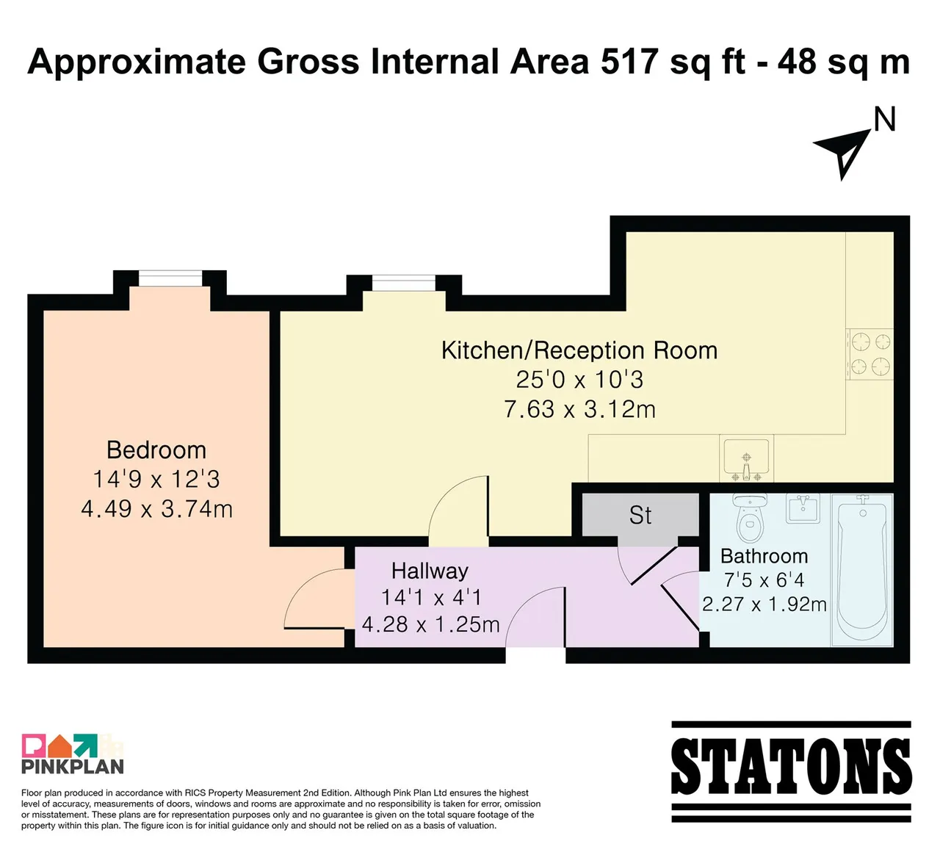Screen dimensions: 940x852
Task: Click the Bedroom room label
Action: tap(156, 450)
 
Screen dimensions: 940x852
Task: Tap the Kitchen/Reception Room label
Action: tap(579, 350)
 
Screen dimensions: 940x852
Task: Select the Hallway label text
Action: tap(430, 571)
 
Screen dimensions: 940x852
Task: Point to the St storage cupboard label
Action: tap(640, 515)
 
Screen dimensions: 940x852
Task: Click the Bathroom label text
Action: tap(764, 556)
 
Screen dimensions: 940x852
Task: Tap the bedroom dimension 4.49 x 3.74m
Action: tap(156, 509)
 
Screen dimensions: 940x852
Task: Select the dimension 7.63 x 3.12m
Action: tap(579, 409)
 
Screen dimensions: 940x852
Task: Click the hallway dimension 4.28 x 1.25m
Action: tap(430, 625)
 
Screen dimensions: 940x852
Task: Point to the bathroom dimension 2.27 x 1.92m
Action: tap(764, 604)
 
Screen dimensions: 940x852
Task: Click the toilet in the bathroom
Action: tap(750, 517)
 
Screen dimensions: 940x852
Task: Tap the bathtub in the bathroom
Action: tap(862, 569)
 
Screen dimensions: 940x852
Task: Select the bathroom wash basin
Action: tap(803, 508)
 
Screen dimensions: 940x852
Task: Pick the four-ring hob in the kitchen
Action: tap(869, 354)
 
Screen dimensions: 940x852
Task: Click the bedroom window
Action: tap(170, 278)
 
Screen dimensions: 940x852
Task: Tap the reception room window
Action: tap(403, 283)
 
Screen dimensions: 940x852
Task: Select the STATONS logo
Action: tap(791, 772)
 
